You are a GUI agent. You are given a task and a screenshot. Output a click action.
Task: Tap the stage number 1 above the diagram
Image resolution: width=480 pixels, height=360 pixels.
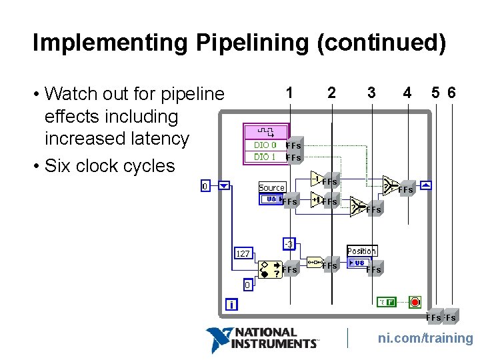pos(289,93)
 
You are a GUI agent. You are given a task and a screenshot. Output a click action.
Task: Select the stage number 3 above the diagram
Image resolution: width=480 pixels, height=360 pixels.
pos(371,93)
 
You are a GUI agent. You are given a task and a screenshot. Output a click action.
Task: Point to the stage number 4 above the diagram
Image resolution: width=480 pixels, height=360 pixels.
pos(407,93)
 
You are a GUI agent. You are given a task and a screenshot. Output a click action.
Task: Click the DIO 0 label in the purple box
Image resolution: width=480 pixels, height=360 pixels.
pos(265,145)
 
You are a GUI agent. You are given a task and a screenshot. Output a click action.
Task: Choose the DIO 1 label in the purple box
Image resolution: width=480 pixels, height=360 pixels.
pos(265,157)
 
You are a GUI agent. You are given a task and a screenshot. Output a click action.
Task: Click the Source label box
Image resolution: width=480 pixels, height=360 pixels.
pos(272,187)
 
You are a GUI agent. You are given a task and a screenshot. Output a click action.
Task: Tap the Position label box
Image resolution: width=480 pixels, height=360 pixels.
pos(361,251)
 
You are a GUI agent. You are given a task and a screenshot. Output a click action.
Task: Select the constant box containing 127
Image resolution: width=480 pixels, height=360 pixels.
pos(243,253)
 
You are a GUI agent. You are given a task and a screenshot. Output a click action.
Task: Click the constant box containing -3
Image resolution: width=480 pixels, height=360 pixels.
pos(289,244)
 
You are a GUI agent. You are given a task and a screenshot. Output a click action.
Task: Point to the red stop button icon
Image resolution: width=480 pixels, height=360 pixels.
pos(415,302)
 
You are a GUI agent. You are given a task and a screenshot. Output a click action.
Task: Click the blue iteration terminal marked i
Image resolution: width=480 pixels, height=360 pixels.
pos(231,305)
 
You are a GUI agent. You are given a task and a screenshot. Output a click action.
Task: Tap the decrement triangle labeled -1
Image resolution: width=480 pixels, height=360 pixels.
pos(317,178)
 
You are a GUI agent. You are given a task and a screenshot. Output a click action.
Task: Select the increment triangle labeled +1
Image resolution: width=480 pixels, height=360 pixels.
pos(316,199)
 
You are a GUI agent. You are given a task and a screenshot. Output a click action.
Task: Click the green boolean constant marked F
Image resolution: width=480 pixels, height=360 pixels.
pos(386,302)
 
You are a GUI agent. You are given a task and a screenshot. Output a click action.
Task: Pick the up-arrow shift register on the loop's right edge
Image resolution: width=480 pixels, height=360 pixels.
pos(426,185)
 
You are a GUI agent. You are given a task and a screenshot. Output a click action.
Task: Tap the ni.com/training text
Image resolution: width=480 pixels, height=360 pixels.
pos(425,339)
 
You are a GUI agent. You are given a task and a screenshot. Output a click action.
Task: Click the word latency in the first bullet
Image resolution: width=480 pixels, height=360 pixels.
pos(157,139)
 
